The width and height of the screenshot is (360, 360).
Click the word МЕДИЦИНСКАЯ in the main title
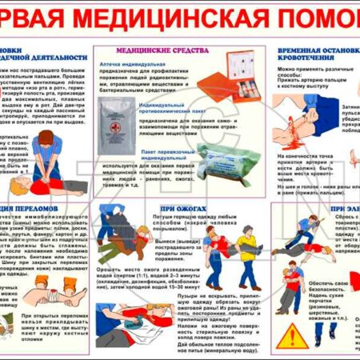[169, 18]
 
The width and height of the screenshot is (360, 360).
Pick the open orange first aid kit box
[238, 70]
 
